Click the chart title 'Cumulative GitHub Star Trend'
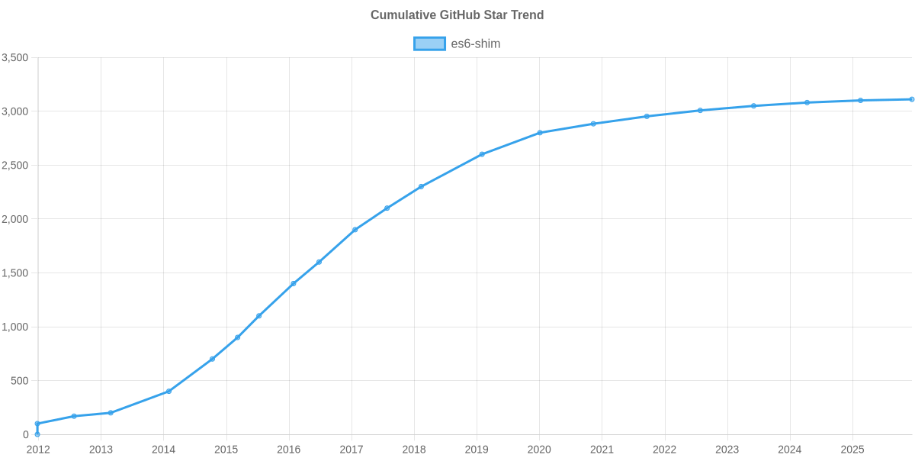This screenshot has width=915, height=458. (457, 15)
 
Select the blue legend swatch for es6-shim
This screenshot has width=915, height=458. (429, 44)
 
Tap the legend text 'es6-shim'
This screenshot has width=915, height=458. (476, 44)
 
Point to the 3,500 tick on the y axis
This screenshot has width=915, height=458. (15, 58)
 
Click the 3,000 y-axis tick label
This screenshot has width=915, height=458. (15, 112)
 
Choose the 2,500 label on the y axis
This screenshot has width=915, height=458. (15, 166)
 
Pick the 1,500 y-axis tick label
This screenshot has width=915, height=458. (15, 273)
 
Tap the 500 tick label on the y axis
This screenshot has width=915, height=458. (20, 381)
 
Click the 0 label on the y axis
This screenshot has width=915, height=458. (25, 434)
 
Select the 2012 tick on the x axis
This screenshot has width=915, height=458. (38, 450)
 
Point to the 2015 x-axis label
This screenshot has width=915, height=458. (226, 450)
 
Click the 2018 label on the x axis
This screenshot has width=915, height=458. (414, 450)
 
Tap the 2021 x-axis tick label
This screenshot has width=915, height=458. (602, 450)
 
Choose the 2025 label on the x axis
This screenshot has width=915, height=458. (852, 450)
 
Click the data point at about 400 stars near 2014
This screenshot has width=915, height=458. (169, 392)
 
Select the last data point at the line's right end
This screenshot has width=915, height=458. (912, 99)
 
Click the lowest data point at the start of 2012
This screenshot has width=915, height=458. (37, 434)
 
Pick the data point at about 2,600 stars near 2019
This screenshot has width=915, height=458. (482, 154)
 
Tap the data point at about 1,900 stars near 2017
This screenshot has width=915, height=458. (355, 230)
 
